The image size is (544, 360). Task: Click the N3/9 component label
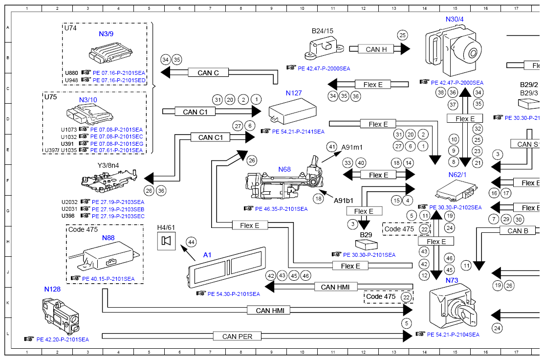click(106, 35)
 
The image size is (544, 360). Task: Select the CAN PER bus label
click(237, 337)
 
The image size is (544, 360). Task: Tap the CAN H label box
click(376, 49)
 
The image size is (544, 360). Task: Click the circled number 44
click(191, 242)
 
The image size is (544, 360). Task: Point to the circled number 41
click(332, 146)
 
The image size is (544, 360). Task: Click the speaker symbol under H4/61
click(166, 241)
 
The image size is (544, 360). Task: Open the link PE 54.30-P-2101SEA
click(233, 294)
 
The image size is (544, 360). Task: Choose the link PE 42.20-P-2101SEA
click(61, 339)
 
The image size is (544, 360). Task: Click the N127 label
click(294, 93)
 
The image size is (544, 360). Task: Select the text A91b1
click(344, 201)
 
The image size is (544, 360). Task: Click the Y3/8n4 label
click(108, 165)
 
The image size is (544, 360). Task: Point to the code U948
click(71, 80)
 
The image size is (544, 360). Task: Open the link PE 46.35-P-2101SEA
click(281, 209)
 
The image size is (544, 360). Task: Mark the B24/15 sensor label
click(323, 31)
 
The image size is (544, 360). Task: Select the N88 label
click(108, 238)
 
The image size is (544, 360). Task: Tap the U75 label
click(51, 97)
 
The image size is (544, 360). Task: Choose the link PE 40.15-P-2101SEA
click(109, 279)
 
